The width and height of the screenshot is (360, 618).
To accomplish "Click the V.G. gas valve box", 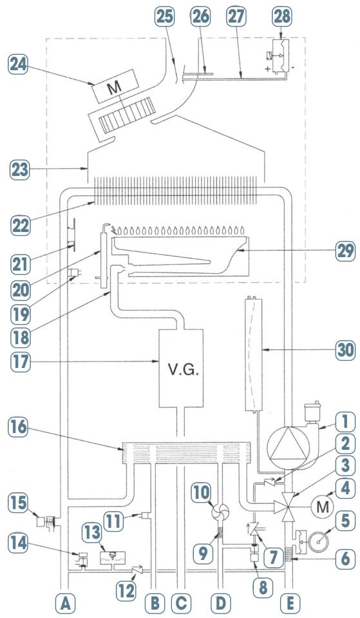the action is [181, 369].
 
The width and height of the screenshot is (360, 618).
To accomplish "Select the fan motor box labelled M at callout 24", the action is [115, 87].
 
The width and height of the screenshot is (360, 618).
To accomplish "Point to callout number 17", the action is [19, 362].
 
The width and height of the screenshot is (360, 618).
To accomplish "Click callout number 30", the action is [345, 349].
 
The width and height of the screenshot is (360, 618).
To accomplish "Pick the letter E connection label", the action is [290, 603].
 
